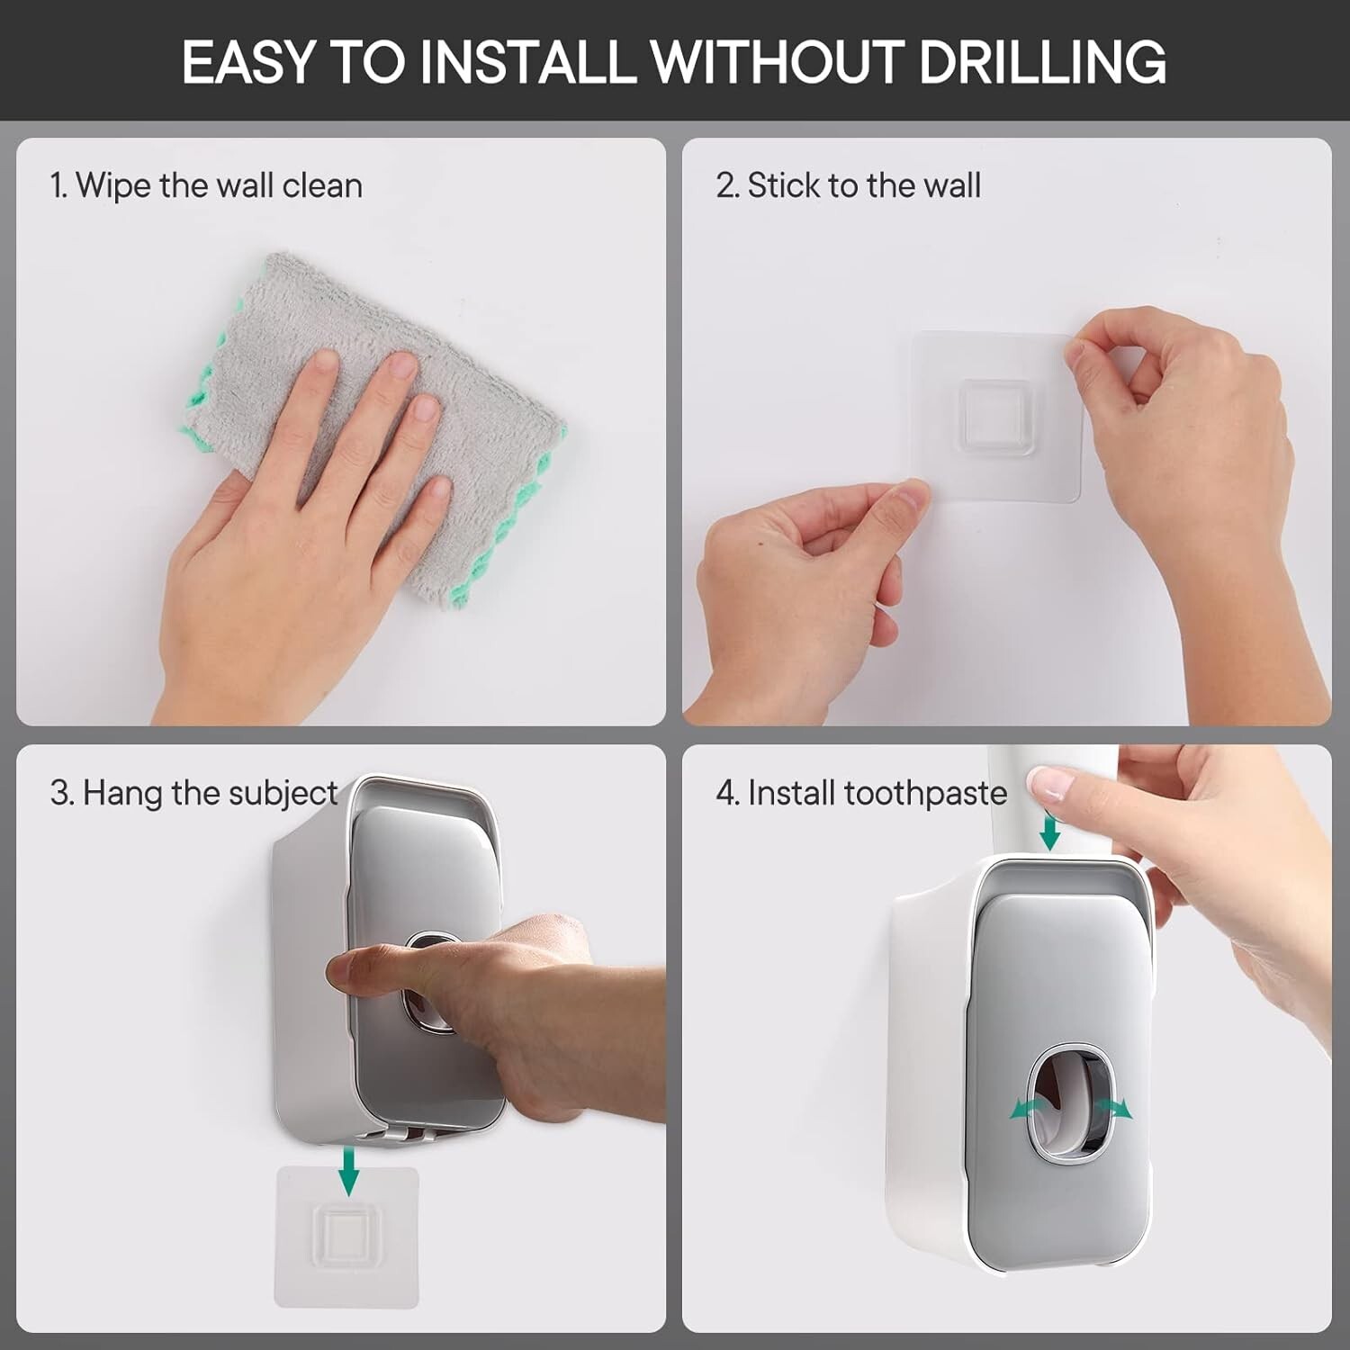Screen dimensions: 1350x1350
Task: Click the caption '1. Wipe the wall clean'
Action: (206, 185)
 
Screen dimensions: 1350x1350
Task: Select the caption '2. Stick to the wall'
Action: (848, 185)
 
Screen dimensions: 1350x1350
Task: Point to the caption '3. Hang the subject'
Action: (193, 794)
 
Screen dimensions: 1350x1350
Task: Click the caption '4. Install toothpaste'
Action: (861, 793)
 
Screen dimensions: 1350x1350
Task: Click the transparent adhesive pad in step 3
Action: (346, 1237)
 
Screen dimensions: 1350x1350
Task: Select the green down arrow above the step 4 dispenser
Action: (1050, 830)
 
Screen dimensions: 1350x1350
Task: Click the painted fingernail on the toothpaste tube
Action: (1047, 784)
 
